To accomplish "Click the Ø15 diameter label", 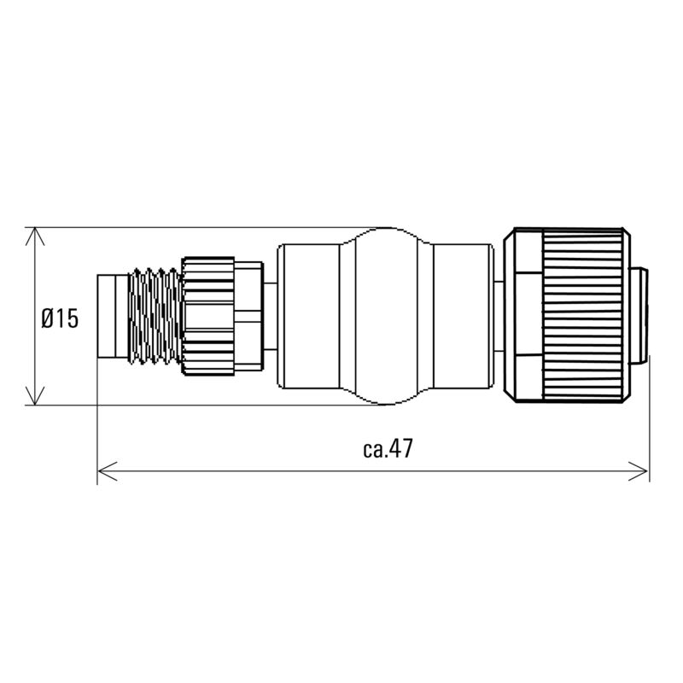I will pos(60,318).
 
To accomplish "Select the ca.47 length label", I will pos(387,450).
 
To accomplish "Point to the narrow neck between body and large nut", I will pos(498,315).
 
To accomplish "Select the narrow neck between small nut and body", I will pos(270,315).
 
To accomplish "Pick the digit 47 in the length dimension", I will pos(401,450).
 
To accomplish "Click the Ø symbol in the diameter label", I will pos(48,318).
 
